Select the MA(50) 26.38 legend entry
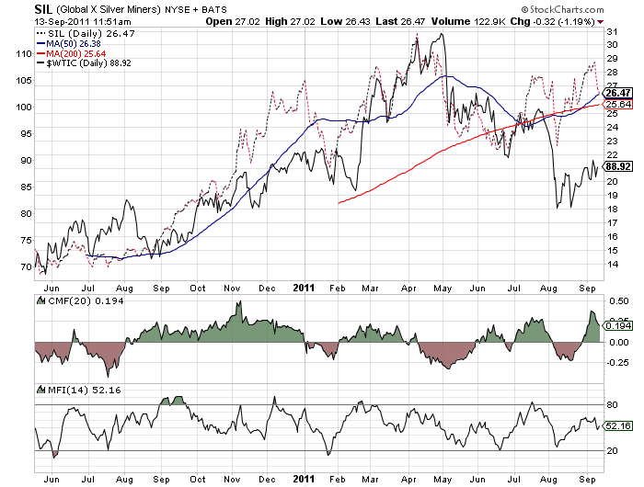click(x=74, y=41)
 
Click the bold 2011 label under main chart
click(x=304, y=287)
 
